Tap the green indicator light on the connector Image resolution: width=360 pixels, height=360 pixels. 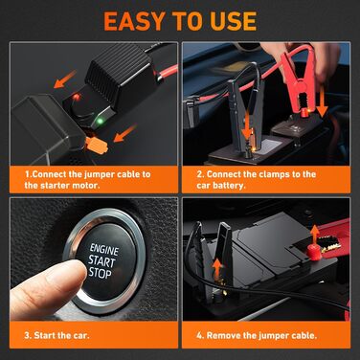pos(100,122)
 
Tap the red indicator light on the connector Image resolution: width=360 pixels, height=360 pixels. pos(77,97)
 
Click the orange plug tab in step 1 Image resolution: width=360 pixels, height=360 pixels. pos(97,146)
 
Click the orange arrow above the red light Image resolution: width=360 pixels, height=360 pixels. pos(65,79)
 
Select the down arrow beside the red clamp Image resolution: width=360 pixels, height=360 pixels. pos(322,101)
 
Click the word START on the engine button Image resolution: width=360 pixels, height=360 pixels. pos(101,261)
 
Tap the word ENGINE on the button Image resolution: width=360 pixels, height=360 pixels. pos(104,250)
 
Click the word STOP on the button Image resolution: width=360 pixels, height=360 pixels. pos(100,273)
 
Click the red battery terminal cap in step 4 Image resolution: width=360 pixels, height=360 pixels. pos(314,252)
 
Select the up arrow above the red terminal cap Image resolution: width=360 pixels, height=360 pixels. pos(315,235)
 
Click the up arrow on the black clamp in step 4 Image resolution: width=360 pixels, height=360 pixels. pos(217,267)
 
